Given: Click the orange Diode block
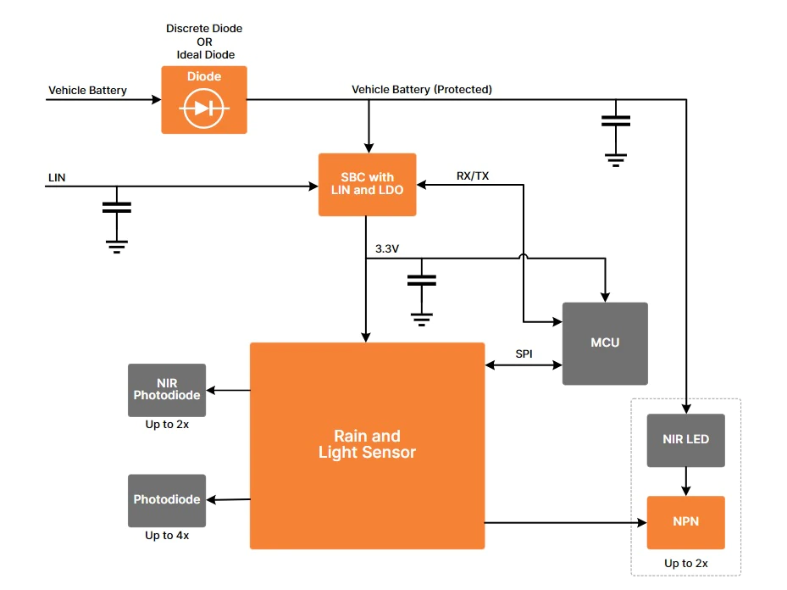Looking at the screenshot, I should coord(204,99).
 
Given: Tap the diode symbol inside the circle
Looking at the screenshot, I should coord(204,108).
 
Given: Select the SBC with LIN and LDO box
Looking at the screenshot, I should coord(367,184).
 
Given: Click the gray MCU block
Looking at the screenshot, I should coord(605,343).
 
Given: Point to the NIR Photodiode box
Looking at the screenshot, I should coord(167,390).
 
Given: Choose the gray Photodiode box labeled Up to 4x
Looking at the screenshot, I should coord(167,500).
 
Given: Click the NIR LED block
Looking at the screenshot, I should coord(685,440).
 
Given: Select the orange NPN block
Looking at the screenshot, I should coord(685,522).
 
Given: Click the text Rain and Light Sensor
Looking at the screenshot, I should coord(367,445).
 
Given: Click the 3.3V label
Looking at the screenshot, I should coord(387,248).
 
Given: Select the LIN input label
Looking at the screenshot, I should coord(58,178).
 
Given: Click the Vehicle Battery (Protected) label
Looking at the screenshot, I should coord(422,89).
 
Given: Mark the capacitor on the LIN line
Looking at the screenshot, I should coord(116,207).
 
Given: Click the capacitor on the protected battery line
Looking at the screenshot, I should coord(616,120).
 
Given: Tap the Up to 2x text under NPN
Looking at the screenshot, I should coord(685,563).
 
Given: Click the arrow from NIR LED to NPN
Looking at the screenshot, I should coord(685,481).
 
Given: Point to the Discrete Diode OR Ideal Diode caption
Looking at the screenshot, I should coord(204,42).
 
